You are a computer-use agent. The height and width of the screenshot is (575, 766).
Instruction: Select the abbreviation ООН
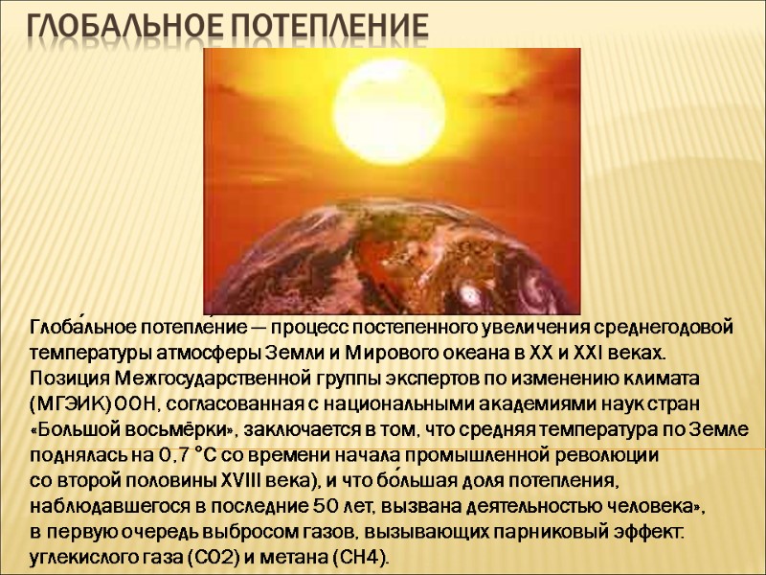coord(134,402)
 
